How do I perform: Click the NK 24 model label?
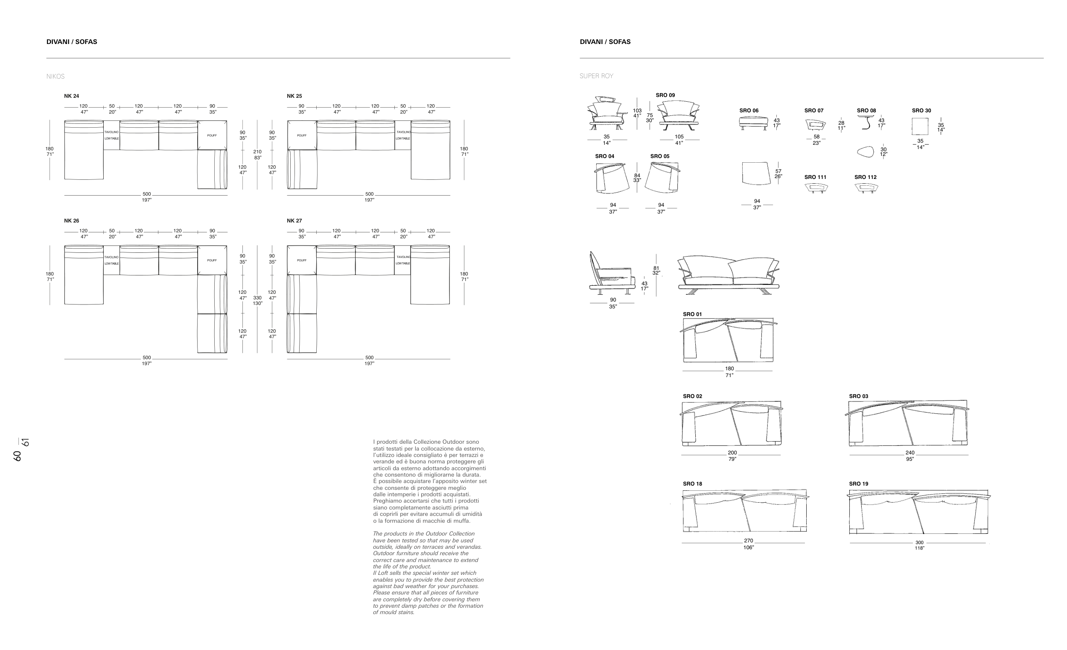click(x=71, y=96)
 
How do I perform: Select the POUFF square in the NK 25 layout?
click(x=302, y=136)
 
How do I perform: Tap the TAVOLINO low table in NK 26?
click(x=112, y=260)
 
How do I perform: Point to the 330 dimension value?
click(x=257, y=298)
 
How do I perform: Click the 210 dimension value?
click(x=257, y=152)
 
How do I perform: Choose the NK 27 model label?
click(x=294, y=221)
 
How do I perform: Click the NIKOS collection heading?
click(x=55, y=77)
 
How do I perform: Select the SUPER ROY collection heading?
click(x=596, y=76)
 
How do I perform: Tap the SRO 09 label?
click(x=665, y=95)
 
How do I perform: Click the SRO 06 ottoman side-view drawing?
click(x=753, y=123)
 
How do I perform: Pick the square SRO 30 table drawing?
click(x=920, y=126)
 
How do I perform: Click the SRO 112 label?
click(x=865, y=177)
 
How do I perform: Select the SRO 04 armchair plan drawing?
click(x=612, y=178)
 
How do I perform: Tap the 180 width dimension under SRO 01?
click(x=729, y=369)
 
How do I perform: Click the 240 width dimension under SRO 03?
click(x=910, y=453)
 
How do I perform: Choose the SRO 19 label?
click(x=858, y=484)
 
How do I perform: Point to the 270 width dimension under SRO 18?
click(x=748, y=541)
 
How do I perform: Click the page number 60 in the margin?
click(x=17, y=456)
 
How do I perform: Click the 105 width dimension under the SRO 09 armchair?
click(x=679, y=137)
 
